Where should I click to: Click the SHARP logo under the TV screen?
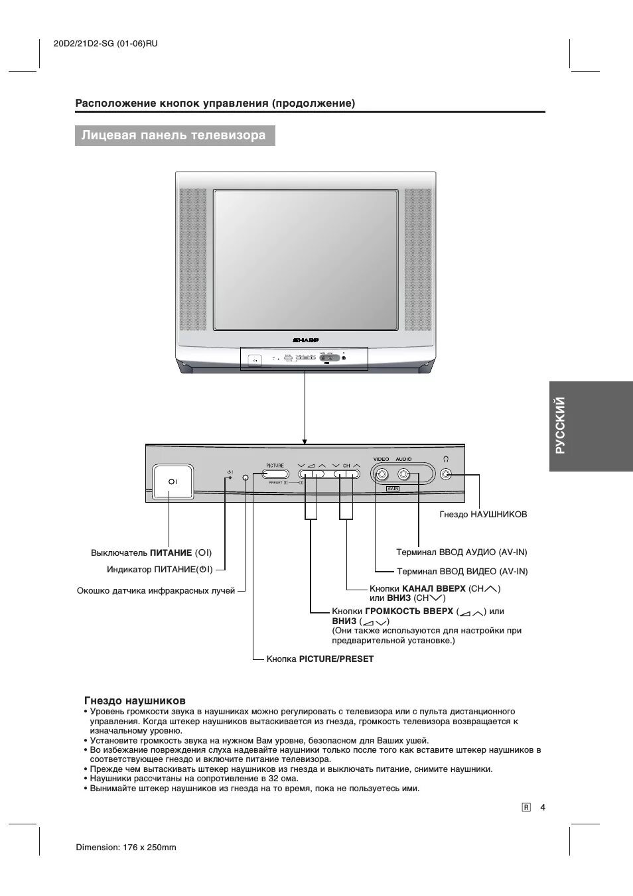pyautogui.click(x=306, y=340)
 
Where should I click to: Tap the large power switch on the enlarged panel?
pyautogui.click(x=173, y=481)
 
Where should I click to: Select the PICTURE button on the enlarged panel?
pyautogui.click(x=275, y=474)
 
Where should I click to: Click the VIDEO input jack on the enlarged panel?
pyautogui.click(x=382, y=474)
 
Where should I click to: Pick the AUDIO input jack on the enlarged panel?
pyautogui.click(x=403, y=474)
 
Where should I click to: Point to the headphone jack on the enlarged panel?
pyautogui.click(x=446, y=474)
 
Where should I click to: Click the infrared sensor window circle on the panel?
pyautogui.click(x=246, y=478)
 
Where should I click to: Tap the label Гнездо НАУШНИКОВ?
pyautogui.click(x=483, y=514)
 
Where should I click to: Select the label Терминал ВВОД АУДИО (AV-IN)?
pyautogui.click(x=462, y=552)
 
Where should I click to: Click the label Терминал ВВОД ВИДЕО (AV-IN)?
pyautogui.click(x=462, y=571)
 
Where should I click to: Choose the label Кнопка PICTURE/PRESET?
pyautogui.click(x=320, y=659)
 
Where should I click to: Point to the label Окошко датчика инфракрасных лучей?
pyautogui.click(x=156, y=590)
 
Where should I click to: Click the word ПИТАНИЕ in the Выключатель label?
pyautogui.click(x=171, y=552)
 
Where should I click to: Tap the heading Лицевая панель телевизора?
pyautogui.click(x=174, y=136)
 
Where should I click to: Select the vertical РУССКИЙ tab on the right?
pyautogui.click(x=561, y=426)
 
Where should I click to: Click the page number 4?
pyautogui.click(x=542, y=807)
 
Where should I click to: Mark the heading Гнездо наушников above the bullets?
pyautogui.click(x=135, y=700)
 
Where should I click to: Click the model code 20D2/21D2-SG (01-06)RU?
pyautogui.click(x=105, y=44)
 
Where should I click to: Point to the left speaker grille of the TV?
pyautogui.click(x=193, y=260)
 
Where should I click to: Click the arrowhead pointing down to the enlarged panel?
pyautogui.click(x=305, y=440)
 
